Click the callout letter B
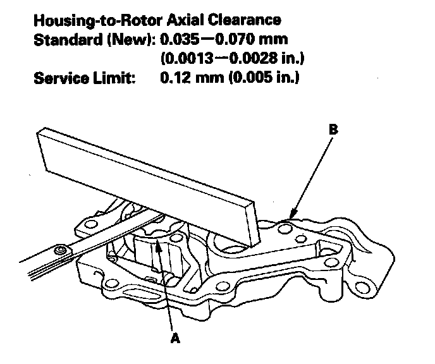(x=334, y=130)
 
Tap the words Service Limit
(x=82, y=79)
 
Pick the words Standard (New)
(x=92, y=40)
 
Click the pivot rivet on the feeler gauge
(x=61, y=252)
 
